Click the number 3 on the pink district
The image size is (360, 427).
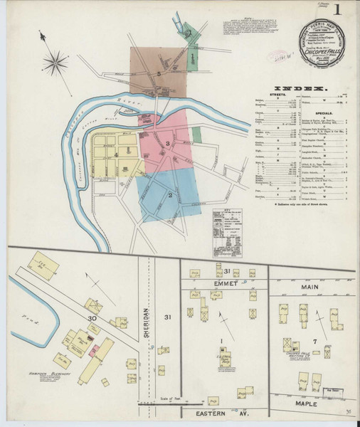click(x=168, y=145)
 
